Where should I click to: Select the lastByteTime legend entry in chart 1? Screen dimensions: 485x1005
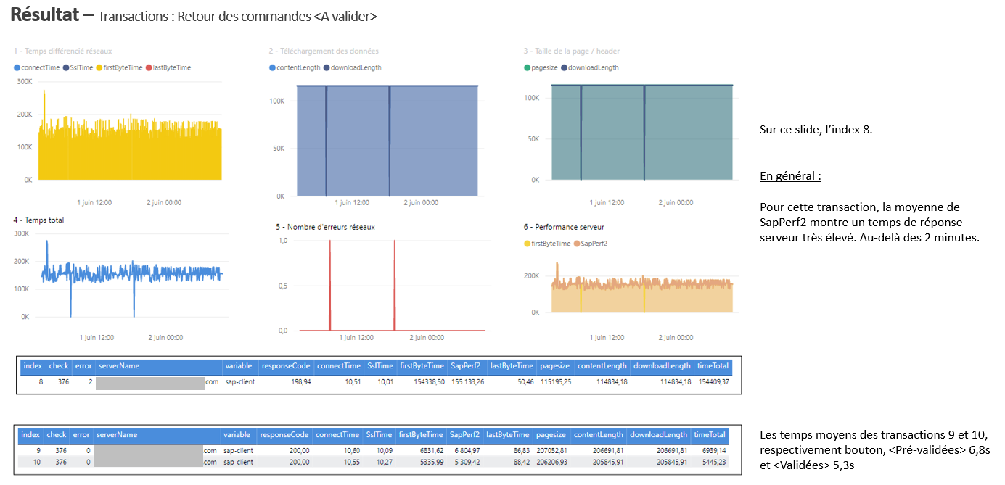172,67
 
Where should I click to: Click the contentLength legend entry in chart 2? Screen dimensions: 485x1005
298,67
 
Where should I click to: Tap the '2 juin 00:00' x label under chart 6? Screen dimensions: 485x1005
676,337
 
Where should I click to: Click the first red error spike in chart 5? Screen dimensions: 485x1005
330,283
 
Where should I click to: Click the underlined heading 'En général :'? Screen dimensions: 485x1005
790,176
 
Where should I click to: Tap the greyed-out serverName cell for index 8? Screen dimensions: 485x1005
149,382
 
